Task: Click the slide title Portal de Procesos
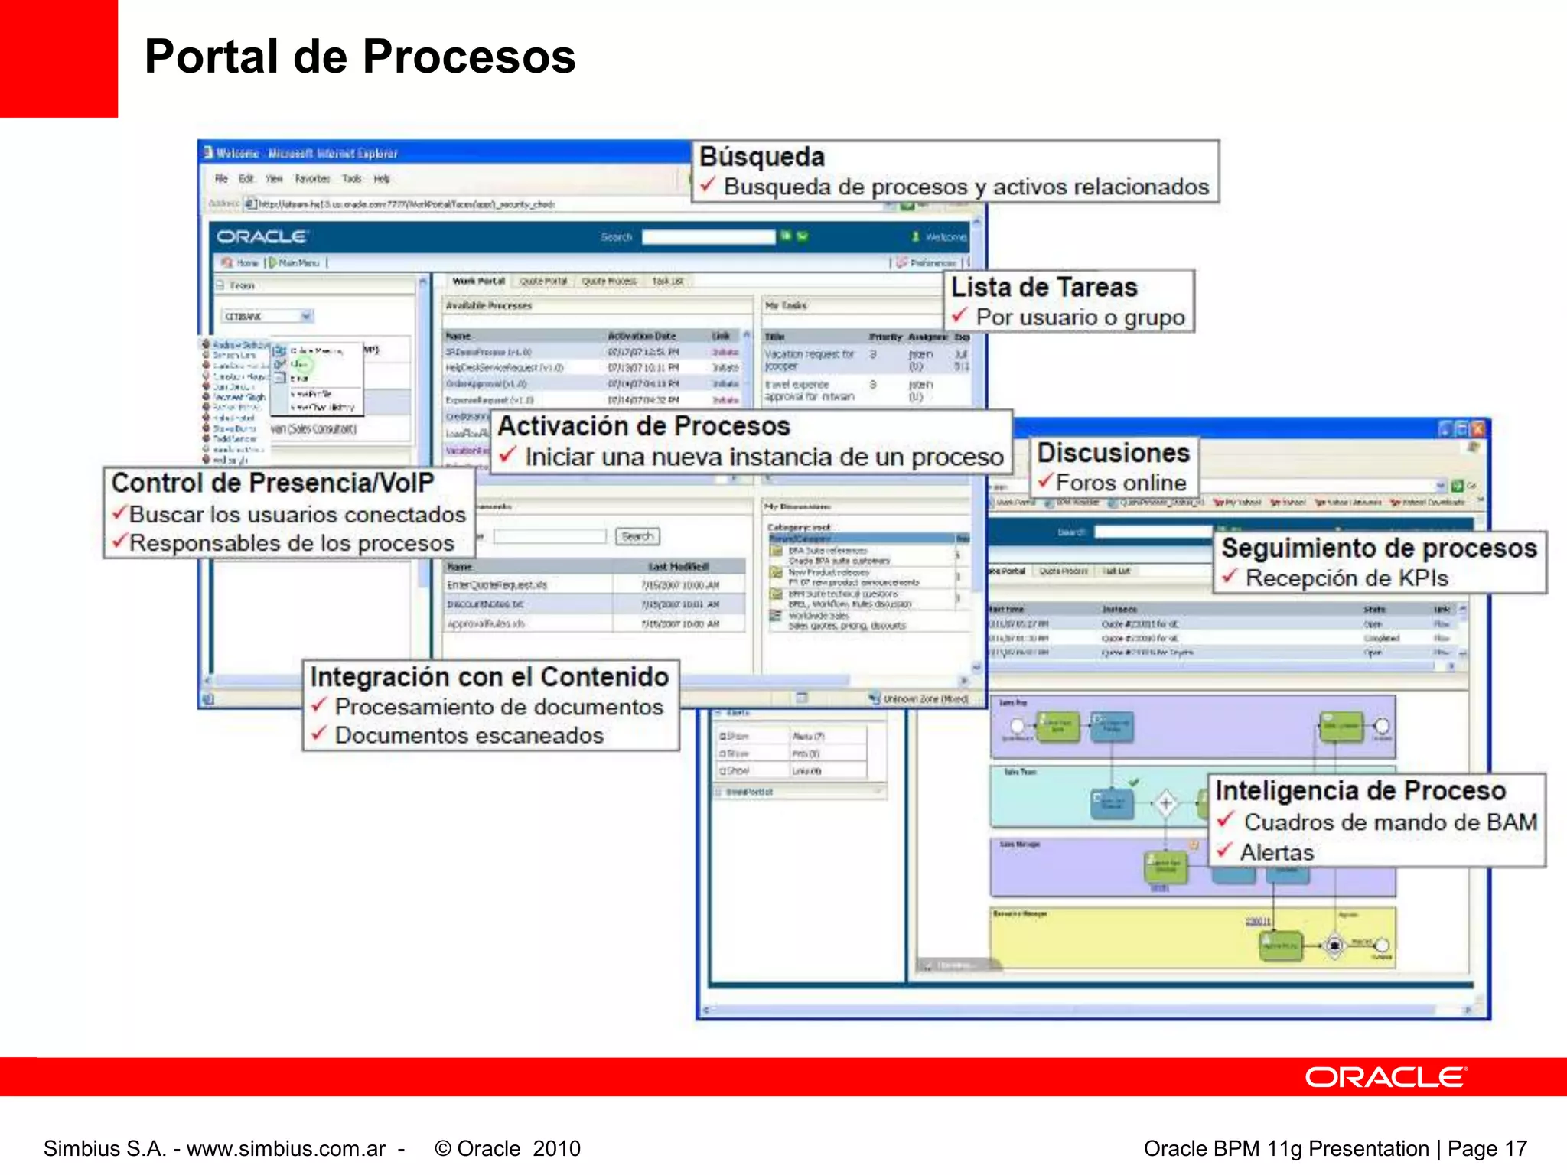pyautogui.click(x=360, y=57)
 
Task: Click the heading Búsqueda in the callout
pyautogui.click(x=762, y=157)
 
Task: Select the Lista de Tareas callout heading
pyautogui.click(x=1044, y=288)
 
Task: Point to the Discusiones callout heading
pyautogui.click(x=1113, y=453)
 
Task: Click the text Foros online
pyautogui.click(x=1121, y=483)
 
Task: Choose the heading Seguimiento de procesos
pyautogui.click(x=1379, y=548)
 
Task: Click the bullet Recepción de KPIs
pyautogui.click(x=1347, y=578)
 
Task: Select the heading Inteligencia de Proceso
pyautogui.click(x=1360, y=790)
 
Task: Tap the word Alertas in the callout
pyautogui.click(x=1276, y=852)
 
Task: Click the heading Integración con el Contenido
pyautogui.click(x=490, y=677)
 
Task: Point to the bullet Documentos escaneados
pyautogui.click(x=469, y=735)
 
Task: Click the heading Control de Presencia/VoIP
pyautogui.click(x=272, y=483)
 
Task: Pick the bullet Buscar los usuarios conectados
pyautogui.click(x=297, y=515)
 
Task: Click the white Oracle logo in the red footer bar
pyautogui.click(x=1385, y=1077)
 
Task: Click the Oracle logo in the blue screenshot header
pyautogui.click(x=262, y=237)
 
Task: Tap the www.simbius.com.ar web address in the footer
pyautogui.click(x=286, y=1148)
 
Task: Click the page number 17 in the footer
pyautogui.click(x=1516, y=1148)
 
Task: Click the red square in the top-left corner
pyautogui.click(x=58, y=58)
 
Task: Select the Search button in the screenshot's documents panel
pyautogui.click(x=637, y=536)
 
